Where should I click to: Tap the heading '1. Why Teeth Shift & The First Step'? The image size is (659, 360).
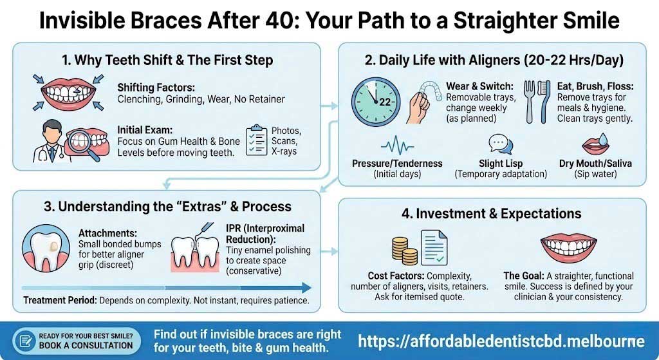pos(167,61)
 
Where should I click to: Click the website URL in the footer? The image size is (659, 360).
pos(501,341)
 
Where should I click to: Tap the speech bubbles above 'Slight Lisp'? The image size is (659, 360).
pos(499,143)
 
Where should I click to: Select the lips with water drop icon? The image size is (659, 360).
pos(595,143)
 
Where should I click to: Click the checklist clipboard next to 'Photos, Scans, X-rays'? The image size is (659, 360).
pos(257,139)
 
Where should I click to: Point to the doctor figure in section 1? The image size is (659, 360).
pos(50,141)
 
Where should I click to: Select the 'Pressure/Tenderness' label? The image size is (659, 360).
pos(397,164)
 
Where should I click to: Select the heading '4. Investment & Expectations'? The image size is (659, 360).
pos(492,213)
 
